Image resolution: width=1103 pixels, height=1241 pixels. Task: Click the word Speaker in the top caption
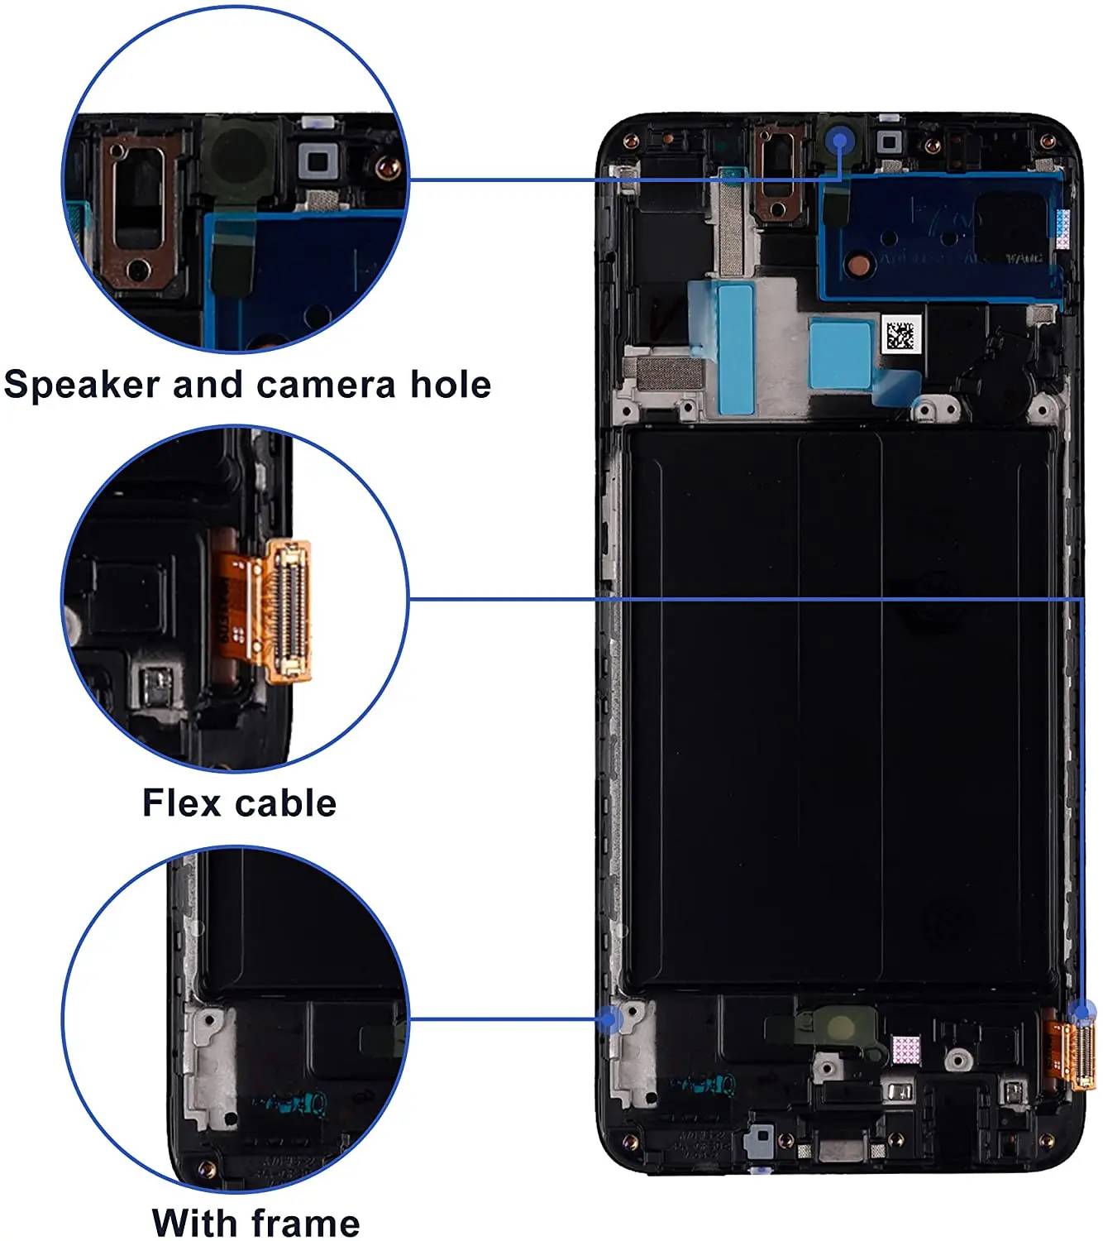[82, 386]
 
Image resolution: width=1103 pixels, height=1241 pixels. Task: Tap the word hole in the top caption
[451, 386]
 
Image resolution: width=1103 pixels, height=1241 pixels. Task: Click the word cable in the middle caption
[286, 803]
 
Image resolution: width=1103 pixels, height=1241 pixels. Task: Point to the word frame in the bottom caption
[305, 1222]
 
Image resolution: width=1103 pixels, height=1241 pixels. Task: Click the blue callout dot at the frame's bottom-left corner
[610, 1019]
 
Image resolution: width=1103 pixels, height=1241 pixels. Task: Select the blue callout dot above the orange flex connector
[1082, 1010]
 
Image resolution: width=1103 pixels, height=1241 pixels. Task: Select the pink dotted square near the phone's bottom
[906, 1049]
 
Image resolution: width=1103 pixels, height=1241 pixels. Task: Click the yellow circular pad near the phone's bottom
[841, 1027]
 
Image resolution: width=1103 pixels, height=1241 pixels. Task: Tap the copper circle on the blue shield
[860, 264]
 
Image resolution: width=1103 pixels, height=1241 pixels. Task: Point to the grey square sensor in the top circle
[316, 161]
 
